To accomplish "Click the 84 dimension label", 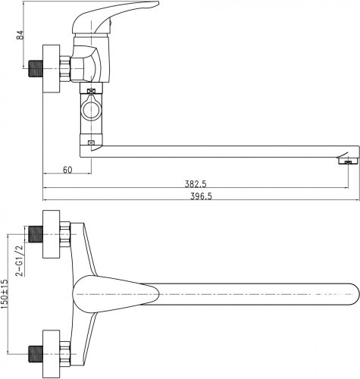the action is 20,35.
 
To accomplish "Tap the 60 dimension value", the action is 67,170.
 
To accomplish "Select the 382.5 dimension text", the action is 196,184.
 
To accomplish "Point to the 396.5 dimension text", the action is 201,196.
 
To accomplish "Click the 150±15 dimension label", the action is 5,294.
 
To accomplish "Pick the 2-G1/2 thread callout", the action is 20,261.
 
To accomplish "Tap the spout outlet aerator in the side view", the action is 349,161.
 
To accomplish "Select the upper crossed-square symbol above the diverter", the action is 91,92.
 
